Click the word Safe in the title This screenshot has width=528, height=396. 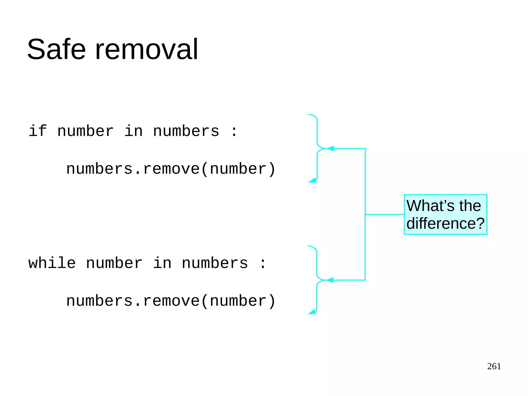click(56, 49)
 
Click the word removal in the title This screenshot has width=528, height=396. click(147, 49)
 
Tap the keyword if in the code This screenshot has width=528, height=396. click(38, 131)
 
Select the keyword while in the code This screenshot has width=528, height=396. click(52, 263)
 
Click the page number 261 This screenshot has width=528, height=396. click(494, 366)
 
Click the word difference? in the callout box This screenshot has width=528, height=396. click(445, 223)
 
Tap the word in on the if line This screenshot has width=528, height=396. click(134, 131)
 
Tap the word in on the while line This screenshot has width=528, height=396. click(162, 263)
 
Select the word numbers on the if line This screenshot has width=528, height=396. click(186, 131)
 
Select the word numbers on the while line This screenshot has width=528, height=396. click(215, 263)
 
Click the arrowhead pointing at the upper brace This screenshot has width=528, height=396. click(330, 149)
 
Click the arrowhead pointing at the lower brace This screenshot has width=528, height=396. click(330, 280)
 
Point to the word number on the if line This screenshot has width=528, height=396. click(85, 131)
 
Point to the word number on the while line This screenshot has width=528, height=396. click(114, 263)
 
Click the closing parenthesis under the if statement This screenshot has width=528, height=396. click(272, 169)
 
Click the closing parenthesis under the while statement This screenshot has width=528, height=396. click(272, 301)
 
